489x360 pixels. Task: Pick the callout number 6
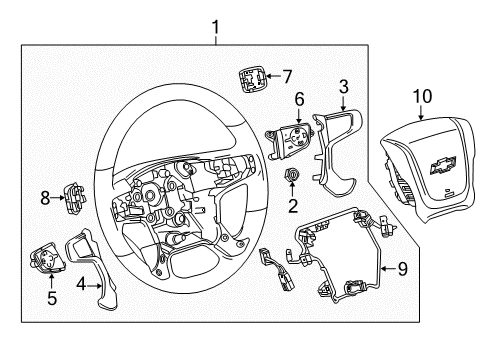(x=298, y=99)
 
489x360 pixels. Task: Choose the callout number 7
(x=287, y=75)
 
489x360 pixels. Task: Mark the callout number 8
(x=44, y=199)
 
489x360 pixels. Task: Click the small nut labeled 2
(x=293, y=178)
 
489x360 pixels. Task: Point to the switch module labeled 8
(x=75, y=197)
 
